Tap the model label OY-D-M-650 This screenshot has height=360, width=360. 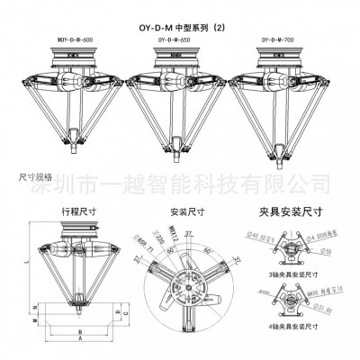pyautogui.click(x=175, y=40)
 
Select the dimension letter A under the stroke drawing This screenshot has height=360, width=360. pyautogui.click(x=79, y=343)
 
